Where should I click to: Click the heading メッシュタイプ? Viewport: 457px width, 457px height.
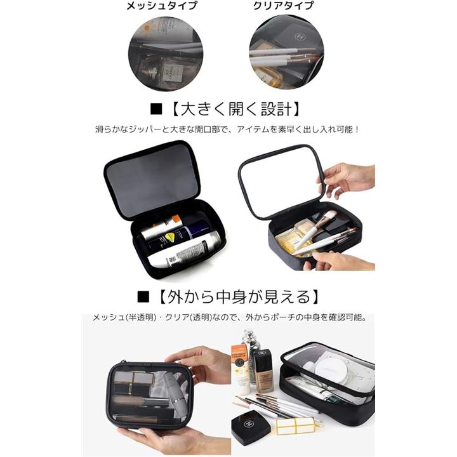click(x=162, y=5)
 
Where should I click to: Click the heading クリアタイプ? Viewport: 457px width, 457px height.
click(x=283, y=5)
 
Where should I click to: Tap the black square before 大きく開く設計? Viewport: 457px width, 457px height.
click(x=156, y=109)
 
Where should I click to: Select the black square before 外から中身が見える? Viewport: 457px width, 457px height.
click(x=143, y=296)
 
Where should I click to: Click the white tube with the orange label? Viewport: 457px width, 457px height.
click(x=241, y=368)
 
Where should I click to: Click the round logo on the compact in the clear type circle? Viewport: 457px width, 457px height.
click(x=300, y=36)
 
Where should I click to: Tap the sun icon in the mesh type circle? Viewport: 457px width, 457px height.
click(x=147, y=29)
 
